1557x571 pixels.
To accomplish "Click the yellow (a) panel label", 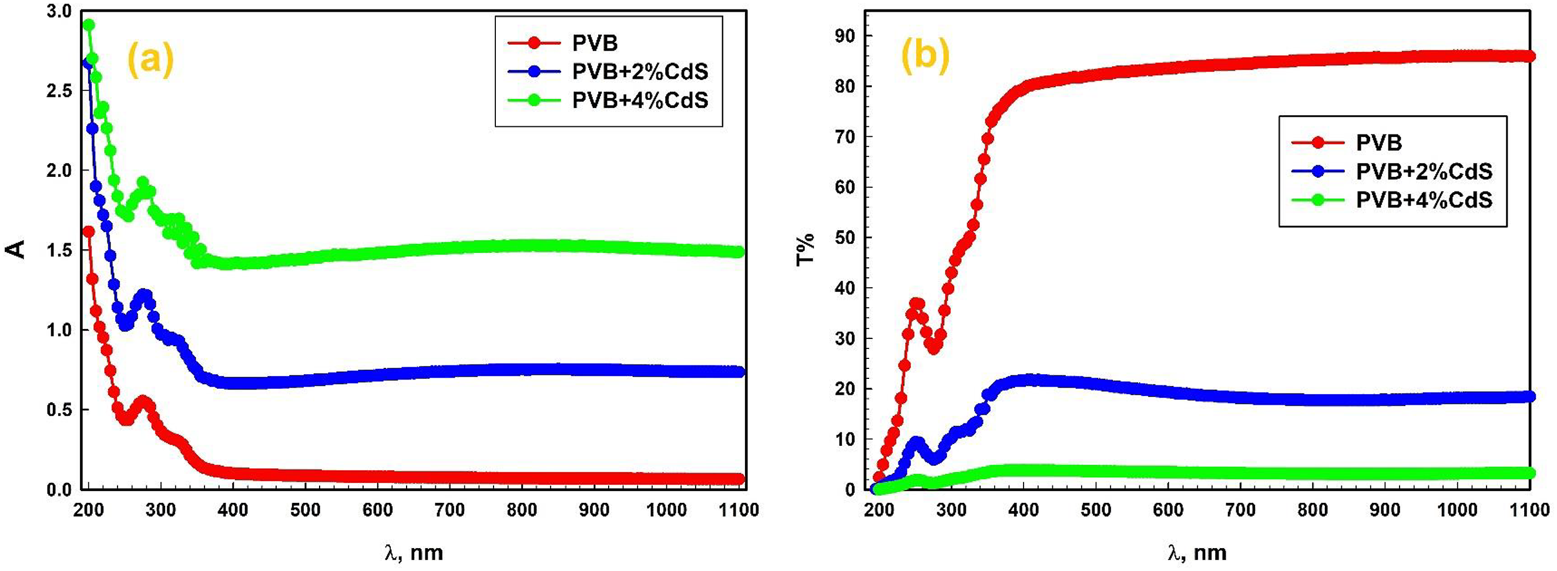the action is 150,62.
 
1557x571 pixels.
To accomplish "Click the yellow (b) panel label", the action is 925,56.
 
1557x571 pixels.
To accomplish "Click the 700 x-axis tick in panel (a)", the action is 449,510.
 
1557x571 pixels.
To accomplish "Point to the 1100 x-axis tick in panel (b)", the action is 1529,510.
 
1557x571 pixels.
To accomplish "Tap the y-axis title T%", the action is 806,249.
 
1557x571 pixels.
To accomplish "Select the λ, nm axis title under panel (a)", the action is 414,552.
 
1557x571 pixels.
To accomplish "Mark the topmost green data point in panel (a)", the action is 89,25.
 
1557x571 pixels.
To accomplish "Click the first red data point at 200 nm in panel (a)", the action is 89,231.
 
